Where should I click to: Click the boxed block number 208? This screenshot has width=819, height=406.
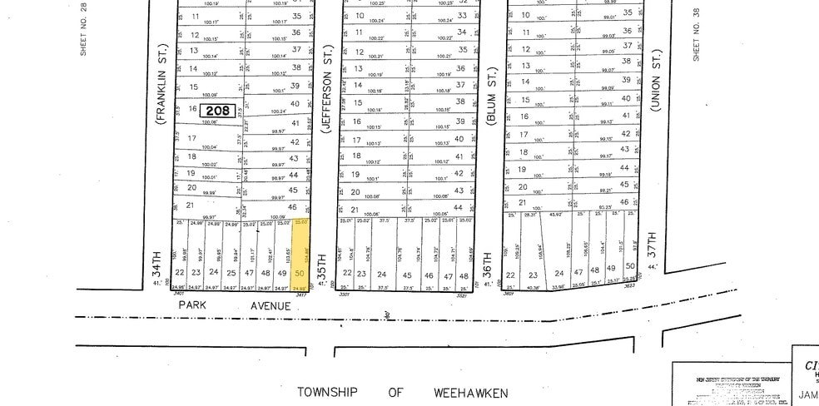click(214, 109)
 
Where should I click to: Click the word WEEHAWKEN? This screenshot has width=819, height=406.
click(467, 392)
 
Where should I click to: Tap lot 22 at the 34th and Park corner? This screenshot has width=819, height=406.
click(179, 272)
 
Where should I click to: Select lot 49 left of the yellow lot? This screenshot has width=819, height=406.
click(283, 272)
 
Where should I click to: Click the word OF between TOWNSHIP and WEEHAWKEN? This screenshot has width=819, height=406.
click(395, 392)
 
